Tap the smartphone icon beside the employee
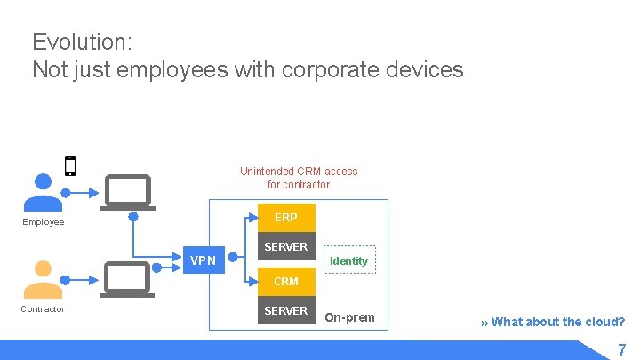(x=70, y=166)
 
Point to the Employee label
(x=44, y=222)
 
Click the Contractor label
(x=43, y=309)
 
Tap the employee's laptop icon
(x=128, y=191)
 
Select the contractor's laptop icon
(x=128, y=278)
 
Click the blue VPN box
(x=204, y=260)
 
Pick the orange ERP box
(x=286, y=218)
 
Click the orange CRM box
(x=286, y=281)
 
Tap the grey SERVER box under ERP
(x=286, y=247)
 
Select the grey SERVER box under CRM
(x=286, y=311)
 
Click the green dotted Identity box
(x=348, y=260)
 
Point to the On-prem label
(x=349, y=317)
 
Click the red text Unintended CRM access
(x=299, y=171)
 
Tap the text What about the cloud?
(x=557, y=322)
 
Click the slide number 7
(x=622, y=349)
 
